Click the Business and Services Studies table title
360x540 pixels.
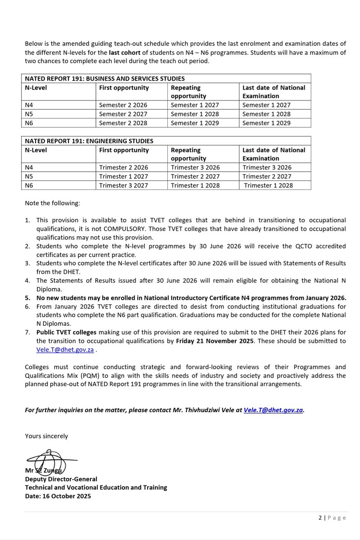click(x=104, y=78)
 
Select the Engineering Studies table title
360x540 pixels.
click(x=89, y=141)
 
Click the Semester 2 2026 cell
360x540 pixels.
click(x=123, y=105)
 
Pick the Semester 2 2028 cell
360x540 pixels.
click(x=123, y=123)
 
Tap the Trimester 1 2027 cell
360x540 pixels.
click(x=123, y=176)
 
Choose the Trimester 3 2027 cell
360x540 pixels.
click(x=123, y=185)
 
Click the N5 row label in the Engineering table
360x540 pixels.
click(x=30, y=176)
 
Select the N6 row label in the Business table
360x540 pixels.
click(x=30, y=123)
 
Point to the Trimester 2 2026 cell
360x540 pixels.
click(x=123, y=167)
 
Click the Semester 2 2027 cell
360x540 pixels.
click(x=123, y=114)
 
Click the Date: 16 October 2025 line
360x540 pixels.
click(x=58, y=496)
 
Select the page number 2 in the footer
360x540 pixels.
click(x=320, y=518)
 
